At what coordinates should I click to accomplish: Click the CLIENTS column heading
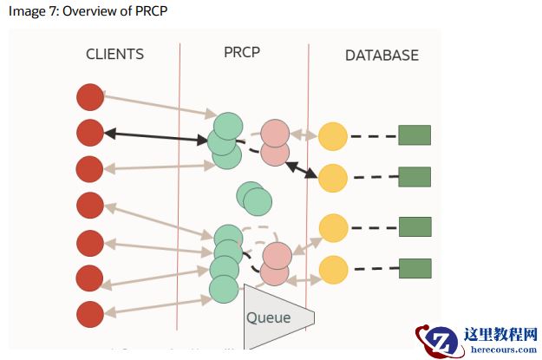114,55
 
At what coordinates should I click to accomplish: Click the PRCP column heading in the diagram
241,52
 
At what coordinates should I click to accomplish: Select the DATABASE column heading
382,56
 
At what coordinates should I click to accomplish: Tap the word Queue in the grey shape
268,317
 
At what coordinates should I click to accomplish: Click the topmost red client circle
90,97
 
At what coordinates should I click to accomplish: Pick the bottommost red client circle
90,313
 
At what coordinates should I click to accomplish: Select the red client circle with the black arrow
90,133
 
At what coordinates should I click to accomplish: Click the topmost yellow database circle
333,136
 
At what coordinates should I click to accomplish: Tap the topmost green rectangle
415,135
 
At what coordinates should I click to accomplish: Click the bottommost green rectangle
415,268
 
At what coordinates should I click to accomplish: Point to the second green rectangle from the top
415,177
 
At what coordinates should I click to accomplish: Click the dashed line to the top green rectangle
373,136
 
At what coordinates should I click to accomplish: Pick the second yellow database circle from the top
333,177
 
